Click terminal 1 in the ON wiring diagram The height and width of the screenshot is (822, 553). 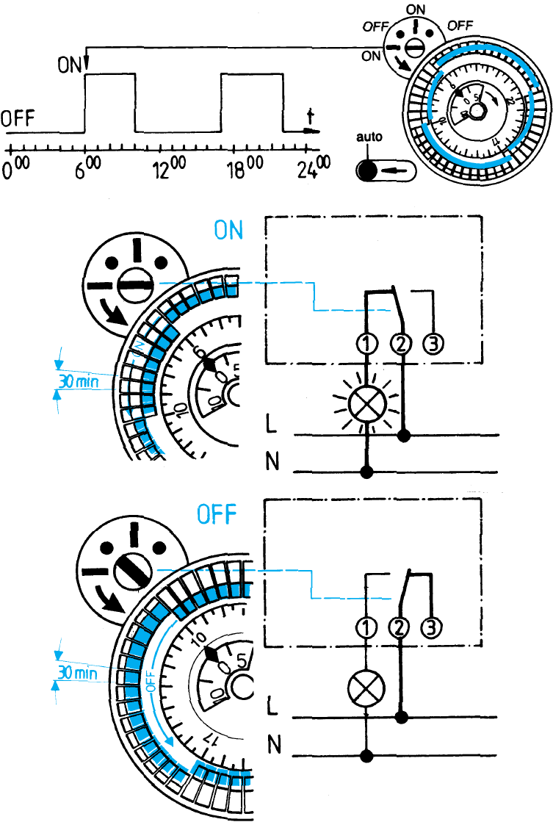tap(366, 343)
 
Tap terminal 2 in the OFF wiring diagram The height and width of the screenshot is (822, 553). tap(400, 627)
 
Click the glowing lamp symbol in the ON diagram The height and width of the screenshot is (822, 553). tap(366, 403)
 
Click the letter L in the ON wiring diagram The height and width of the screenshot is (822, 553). tap(272, 425)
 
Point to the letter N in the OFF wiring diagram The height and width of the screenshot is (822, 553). tap(273, 745)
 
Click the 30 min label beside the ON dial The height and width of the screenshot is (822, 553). tap(76, 381)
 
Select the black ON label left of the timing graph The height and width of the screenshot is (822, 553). tap(71, 65)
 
